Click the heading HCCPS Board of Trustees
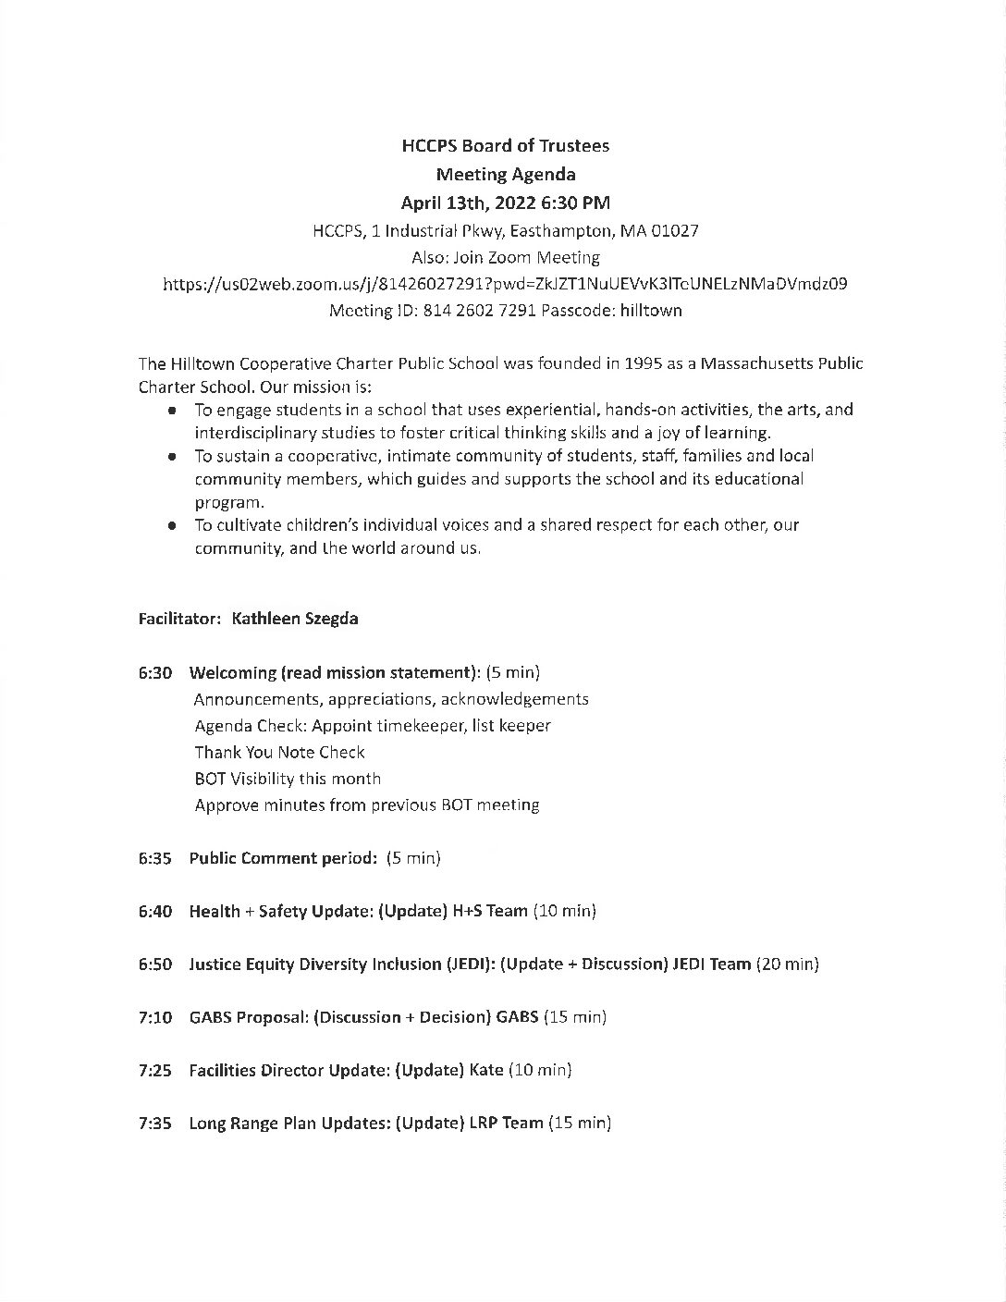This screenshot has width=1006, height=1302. (505, 145)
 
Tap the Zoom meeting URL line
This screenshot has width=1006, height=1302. (505, 284)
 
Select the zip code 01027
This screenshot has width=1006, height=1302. (673, 230)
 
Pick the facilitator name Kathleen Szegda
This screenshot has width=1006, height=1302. (295, 619)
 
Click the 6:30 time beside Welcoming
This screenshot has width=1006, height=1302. (155, 672)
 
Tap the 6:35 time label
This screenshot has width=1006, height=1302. (155, 858)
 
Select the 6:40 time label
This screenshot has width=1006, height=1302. (155, 911)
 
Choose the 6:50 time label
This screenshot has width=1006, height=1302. (155, 964)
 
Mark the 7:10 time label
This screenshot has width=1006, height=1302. (155, 1017)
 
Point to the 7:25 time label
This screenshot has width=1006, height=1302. (155, 1070)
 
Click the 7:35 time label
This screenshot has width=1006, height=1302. (155, 1124)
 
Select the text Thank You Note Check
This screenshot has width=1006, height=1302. (279, 753)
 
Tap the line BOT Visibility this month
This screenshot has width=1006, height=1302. (288, 779)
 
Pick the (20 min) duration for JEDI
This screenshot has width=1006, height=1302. (788, 964)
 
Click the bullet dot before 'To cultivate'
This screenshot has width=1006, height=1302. (172, 525)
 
